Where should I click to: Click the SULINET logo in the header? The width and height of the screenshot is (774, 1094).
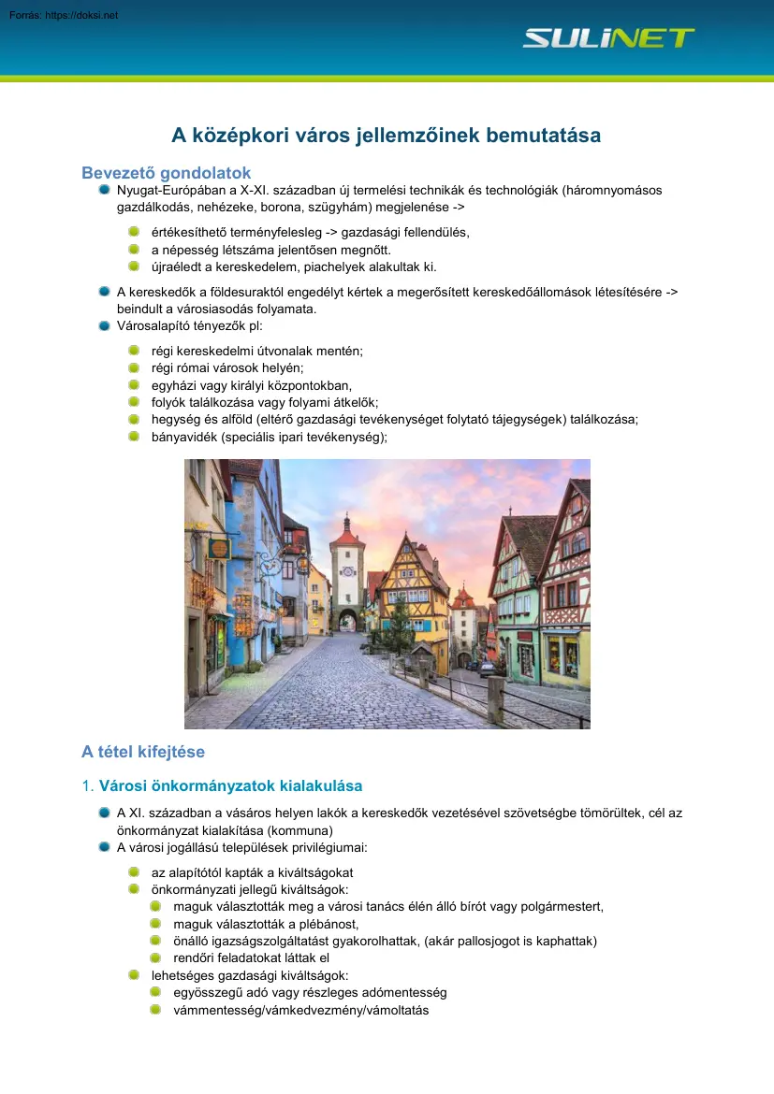point(608,38)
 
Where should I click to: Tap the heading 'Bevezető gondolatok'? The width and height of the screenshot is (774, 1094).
point(167,173)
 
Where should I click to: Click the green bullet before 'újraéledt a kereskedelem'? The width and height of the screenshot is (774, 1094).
point(135,266)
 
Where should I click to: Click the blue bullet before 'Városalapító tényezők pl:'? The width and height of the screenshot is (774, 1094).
point(105,326)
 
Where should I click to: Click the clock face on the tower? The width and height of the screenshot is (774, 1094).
point(347,570)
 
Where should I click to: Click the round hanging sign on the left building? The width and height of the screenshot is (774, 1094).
point(218,548)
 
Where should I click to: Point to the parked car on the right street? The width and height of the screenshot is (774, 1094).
point(486,668)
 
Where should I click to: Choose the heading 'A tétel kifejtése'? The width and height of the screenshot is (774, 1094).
point(143,752)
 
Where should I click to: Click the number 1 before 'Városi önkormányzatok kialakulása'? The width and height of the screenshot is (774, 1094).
point(87,786)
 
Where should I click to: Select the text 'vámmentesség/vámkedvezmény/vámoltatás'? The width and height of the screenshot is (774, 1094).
point(301,1010)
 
